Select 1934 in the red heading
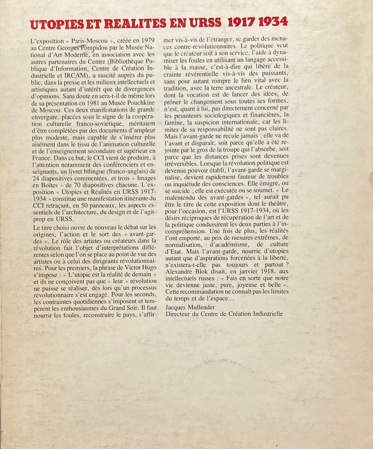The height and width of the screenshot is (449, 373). [x=273, y=22]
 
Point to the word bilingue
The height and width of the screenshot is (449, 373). [x=87, y=171]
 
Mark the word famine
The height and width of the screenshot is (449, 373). [x=174, y=122]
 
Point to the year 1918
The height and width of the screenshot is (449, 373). [x=267, y=271]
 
